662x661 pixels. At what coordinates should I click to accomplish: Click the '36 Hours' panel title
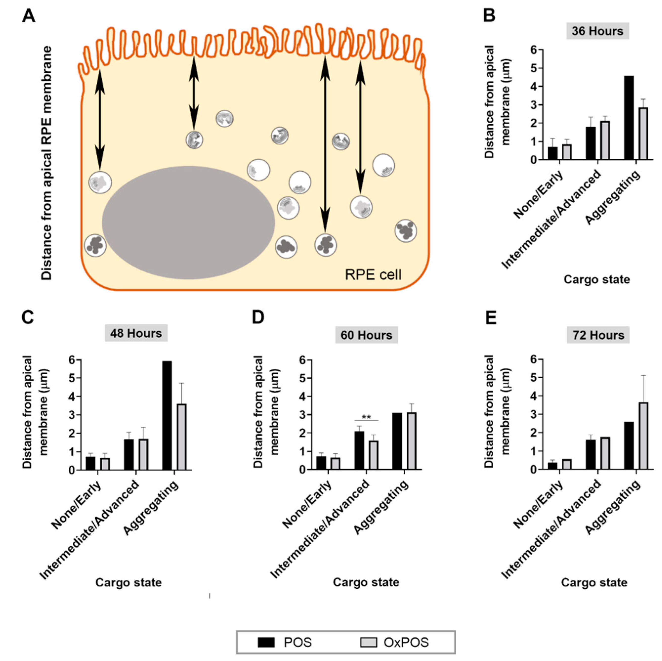coord(597,31)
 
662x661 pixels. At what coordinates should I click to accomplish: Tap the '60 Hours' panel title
coord(366,335)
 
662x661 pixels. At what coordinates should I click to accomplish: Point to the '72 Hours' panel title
coord(598,335)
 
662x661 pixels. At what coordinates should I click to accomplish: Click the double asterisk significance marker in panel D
coord(366,417)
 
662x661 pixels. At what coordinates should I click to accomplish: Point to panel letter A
coord(28,16)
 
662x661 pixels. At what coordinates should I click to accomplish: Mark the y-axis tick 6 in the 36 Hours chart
coord(534,50)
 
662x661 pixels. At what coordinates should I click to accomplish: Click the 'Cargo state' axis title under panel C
coord(128,582)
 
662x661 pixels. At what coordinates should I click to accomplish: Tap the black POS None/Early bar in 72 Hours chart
coord(552,466)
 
